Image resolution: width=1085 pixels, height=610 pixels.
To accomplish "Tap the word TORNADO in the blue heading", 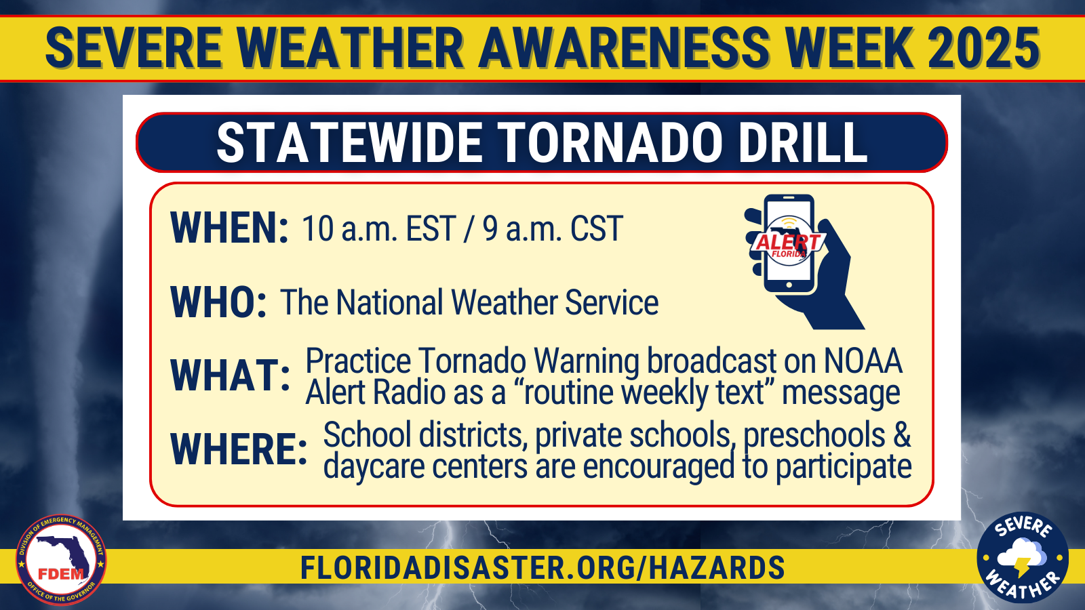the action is click(x=611, y=143).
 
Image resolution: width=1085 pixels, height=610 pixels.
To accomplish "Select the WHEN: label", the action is click(x=229, y=228).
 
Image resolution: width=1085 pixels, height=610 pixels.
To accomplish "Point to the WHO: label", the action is click(x=218, y=302).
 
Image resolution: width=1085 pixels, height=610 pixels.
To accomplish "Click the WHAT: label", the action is click(x=230, y=375).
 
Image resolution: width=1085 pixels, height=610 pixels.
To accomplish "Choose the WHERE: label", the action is click(x=239, y=449).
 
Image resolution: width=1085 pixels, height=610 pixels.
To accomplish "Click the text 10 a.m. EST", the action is click(x=379, y=228).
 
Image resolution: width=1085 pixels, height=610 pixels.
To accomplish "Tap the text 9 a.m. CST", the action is click(x=553, y=228).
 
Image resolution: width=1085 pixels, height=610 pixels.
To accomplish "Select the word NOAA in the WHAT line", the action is click(x=863, y=361).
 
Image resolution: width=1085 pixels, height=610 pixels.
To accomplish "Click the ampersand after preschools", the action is click(x=901, y=434).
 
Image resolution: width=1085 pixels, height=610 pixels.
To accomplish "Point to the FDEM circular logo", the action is click(x=61, y=560).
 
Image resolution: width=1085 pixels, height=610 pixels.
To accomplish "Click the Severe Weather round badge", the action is click(x=1023, y=557).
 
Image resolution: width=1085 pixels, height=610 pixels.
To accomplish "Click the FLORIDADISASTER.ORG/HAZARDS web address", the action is click(x=542, y=567).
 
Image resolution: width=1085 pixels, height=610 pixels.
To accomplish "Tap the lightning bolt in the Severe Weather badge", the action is click(x=1022, y=567).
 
